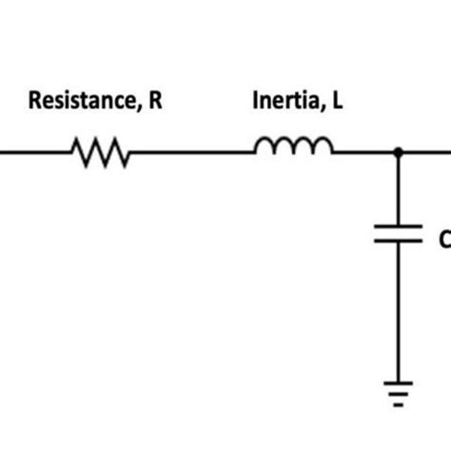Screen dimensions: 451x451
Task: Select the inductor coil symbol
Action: [x=293, y=146]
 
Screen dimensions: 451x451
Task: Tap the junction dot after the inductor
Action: [x=398, y=150]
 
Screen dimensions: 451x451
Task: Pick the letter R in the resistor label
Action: [x=155, y=100]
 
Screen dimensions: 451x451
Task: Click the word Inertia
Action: [x=281, y=100]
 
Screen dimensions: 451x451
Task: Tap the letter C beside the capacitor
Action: [x=444, y=240]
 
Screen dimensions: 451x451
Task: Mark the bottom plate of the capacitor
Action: [x=398, y=241]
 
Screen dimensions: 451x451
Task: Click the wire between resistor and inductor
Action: [x=190, y=151]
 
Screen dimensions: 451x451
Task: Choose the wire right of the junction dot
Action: [x=428, y=151]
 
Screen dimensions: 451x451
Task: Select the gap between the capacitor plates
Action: [x=398, y=234]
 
